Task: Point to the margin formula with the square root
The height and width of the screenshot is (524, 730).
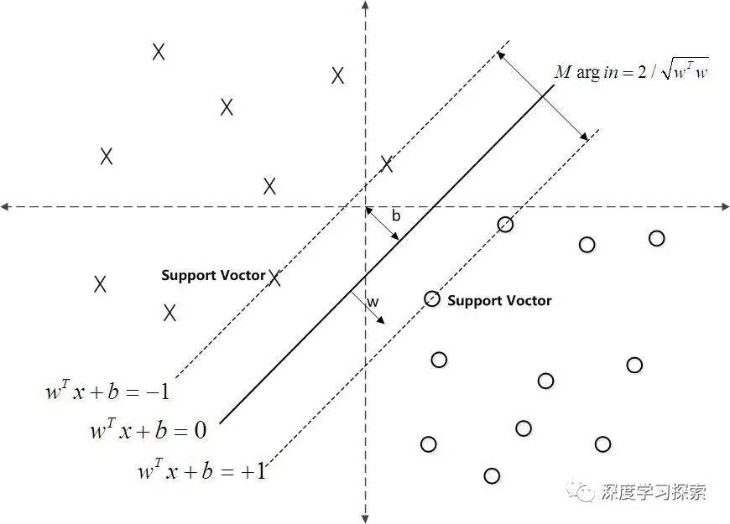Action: (x=632, y=72)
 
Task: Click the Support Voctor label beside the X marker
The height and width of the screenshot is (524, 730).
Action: (x=213, y=275)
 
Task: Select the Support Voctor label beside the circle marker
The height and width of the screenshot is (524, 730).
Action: (x=499, y=300)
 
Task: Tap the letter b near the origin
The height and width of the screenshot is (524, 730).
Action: (x=396, y=216)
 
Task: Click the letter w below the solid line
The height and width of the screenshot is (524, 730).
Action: (x=373, y=301)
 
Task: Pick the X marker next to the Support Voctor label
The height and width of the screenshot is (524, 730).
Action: (x=274, y=278)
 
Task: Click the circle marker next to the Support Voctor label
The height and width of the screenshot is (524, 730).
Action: (x=432, y=298)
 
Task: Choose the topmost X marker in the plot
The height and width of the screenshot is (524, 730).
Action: (x=159, y=52)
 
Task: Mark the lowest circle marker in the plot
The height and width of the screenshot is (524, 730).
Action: (x=492, y=476)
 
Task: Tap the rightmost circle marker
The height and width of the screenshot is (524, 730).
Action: (x=657, y=238)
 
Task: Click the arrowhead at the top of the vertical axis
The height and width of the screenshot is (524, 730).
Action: (x=365, y=8)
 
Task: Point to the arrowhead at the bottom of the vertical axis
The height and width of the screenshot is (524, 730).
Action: (x=365, y=516)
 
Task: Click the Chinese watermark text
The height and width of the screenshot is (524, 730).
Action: (x=654, y=491)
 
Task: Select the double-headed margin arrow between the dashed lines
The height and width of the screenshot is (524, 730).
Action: (x=542, y=95)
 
